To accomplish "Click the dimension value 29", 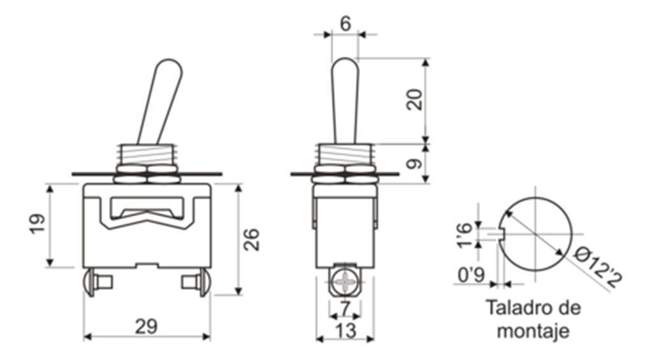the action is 147,326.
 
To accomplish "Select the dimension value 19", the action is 38,224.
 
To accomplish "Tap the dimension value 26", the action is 251,240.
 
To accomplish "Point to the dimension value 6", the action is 345,24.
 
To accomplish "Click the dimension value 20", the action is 414,99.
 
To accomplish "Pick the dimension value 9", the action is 414,164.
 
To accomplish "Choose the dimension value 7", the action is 345,308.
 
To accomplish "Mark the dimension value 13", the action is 345,331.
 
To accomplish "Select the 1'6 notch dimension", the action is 465,235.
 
